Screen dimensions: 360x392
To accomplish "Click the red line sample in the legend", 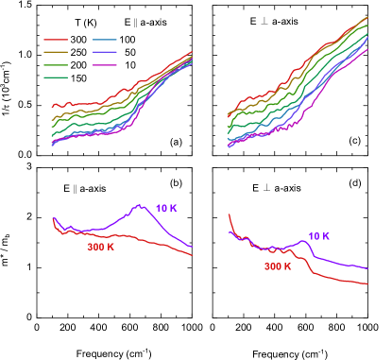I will tap(55, 41).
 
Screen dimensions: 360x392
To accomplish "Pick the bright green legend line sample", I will tap(55, 65).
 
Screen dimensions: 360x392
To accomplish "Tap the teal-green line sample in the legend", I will tap(55, 77).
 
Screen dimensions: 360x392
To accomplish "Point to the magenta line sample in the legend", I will tap(104, 65).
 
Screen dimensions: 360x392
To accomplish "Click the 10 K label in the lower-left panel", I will tap(165, 208).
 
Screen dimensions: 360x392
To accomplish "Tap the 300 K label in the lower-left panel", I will tap(101, 248).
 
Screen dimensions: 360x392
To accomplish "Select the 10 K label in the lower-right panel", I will tap(318, 236).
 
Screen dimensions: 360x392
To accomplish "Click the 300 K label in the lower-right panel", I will tap(278, 266).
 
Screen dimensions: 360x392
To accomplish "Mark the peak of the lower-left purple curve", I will tap(141, 205).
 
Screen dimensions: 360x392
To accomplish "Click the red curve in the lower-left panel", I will tap(142, 241).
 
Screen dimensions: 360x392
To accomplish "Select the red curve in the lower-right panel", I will tap(331, 279).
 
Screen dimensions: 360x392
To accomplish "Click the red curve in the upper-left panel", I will tap(94, 103).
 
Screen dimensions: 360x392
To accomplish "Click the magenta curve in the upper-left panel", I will tap(94, 135).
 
